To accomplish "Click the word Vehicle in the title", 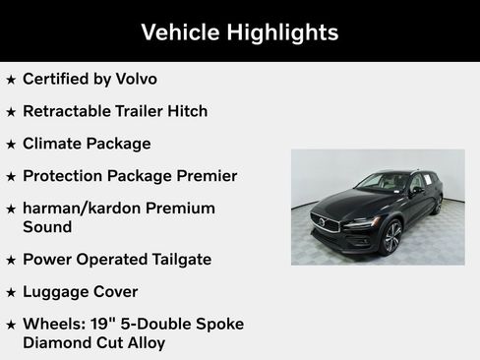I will click(179, 31).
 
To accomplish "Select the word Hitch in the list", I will click(185, 111).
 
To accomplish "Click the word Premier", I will click(204, 176).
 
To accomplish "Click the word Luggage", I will click(56, 292).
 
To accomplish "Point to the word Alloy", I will click(141, 342).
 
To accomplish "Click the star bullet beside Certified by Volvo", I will click(11, 79).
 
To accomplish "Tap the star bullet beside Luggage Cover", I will click(11, 292).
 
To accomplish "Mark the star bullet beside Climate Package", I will click(11, 144).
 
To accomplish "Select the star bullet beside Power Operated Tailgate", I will click(11, 260).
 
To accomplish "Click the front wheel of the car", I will click(391, 235).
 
